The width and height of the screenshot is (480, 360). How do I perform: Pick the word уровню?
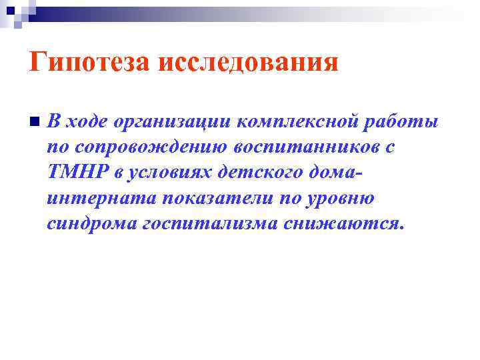tap(334, 198)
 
